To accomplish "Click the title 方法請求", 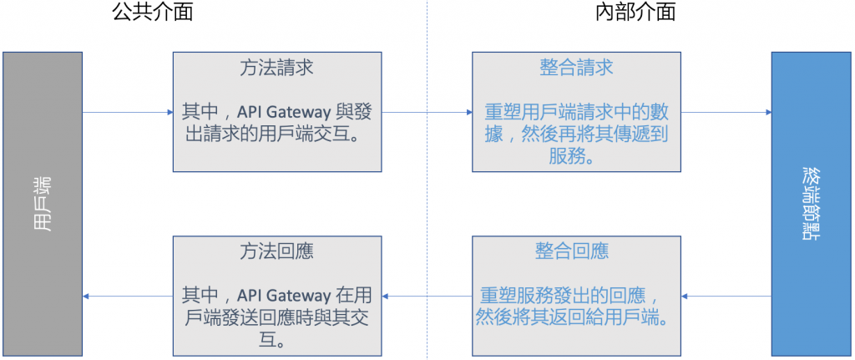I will click(276, 68).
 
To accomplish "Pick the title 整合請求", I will click(576, 68).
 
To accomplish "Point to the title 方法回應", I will click(276, 251).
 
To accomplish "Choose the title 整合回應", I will click(576, 251).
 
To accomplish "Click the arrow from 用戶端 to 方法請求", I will click(127, 112).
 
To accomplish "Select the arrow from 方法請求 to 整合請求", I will click(427, 112).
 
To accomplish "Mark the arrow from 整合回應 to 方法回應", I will click(427, 296).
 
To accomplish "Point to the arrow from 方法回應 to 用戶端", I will click(127, 296).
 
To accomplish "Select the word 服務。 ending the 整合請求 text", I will click(576, 155).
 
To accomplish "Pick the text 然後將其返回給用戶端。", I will click(576, 317).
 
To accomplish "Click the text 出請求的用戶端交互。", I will click(276, 134).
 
